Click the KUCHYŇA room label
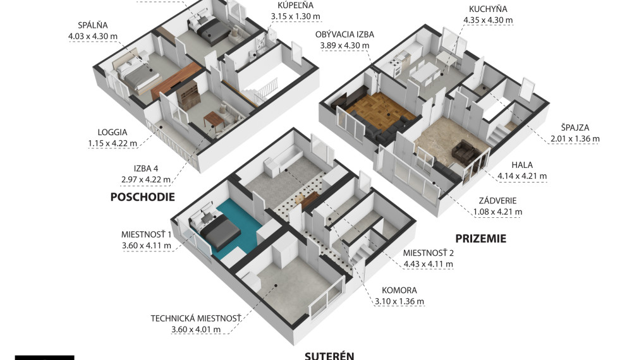(x=487, y=9)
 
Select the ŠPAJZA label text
(x=574, y=128)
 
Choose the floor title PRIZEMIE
(x=480, y=239)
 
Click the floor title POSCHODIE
(x=142, y=197)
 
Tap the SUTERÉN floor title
(x=329, y=355)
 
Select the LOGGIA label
(x=113, y=133)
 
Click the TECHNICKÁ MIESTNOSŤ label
(x=196, y=318)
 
